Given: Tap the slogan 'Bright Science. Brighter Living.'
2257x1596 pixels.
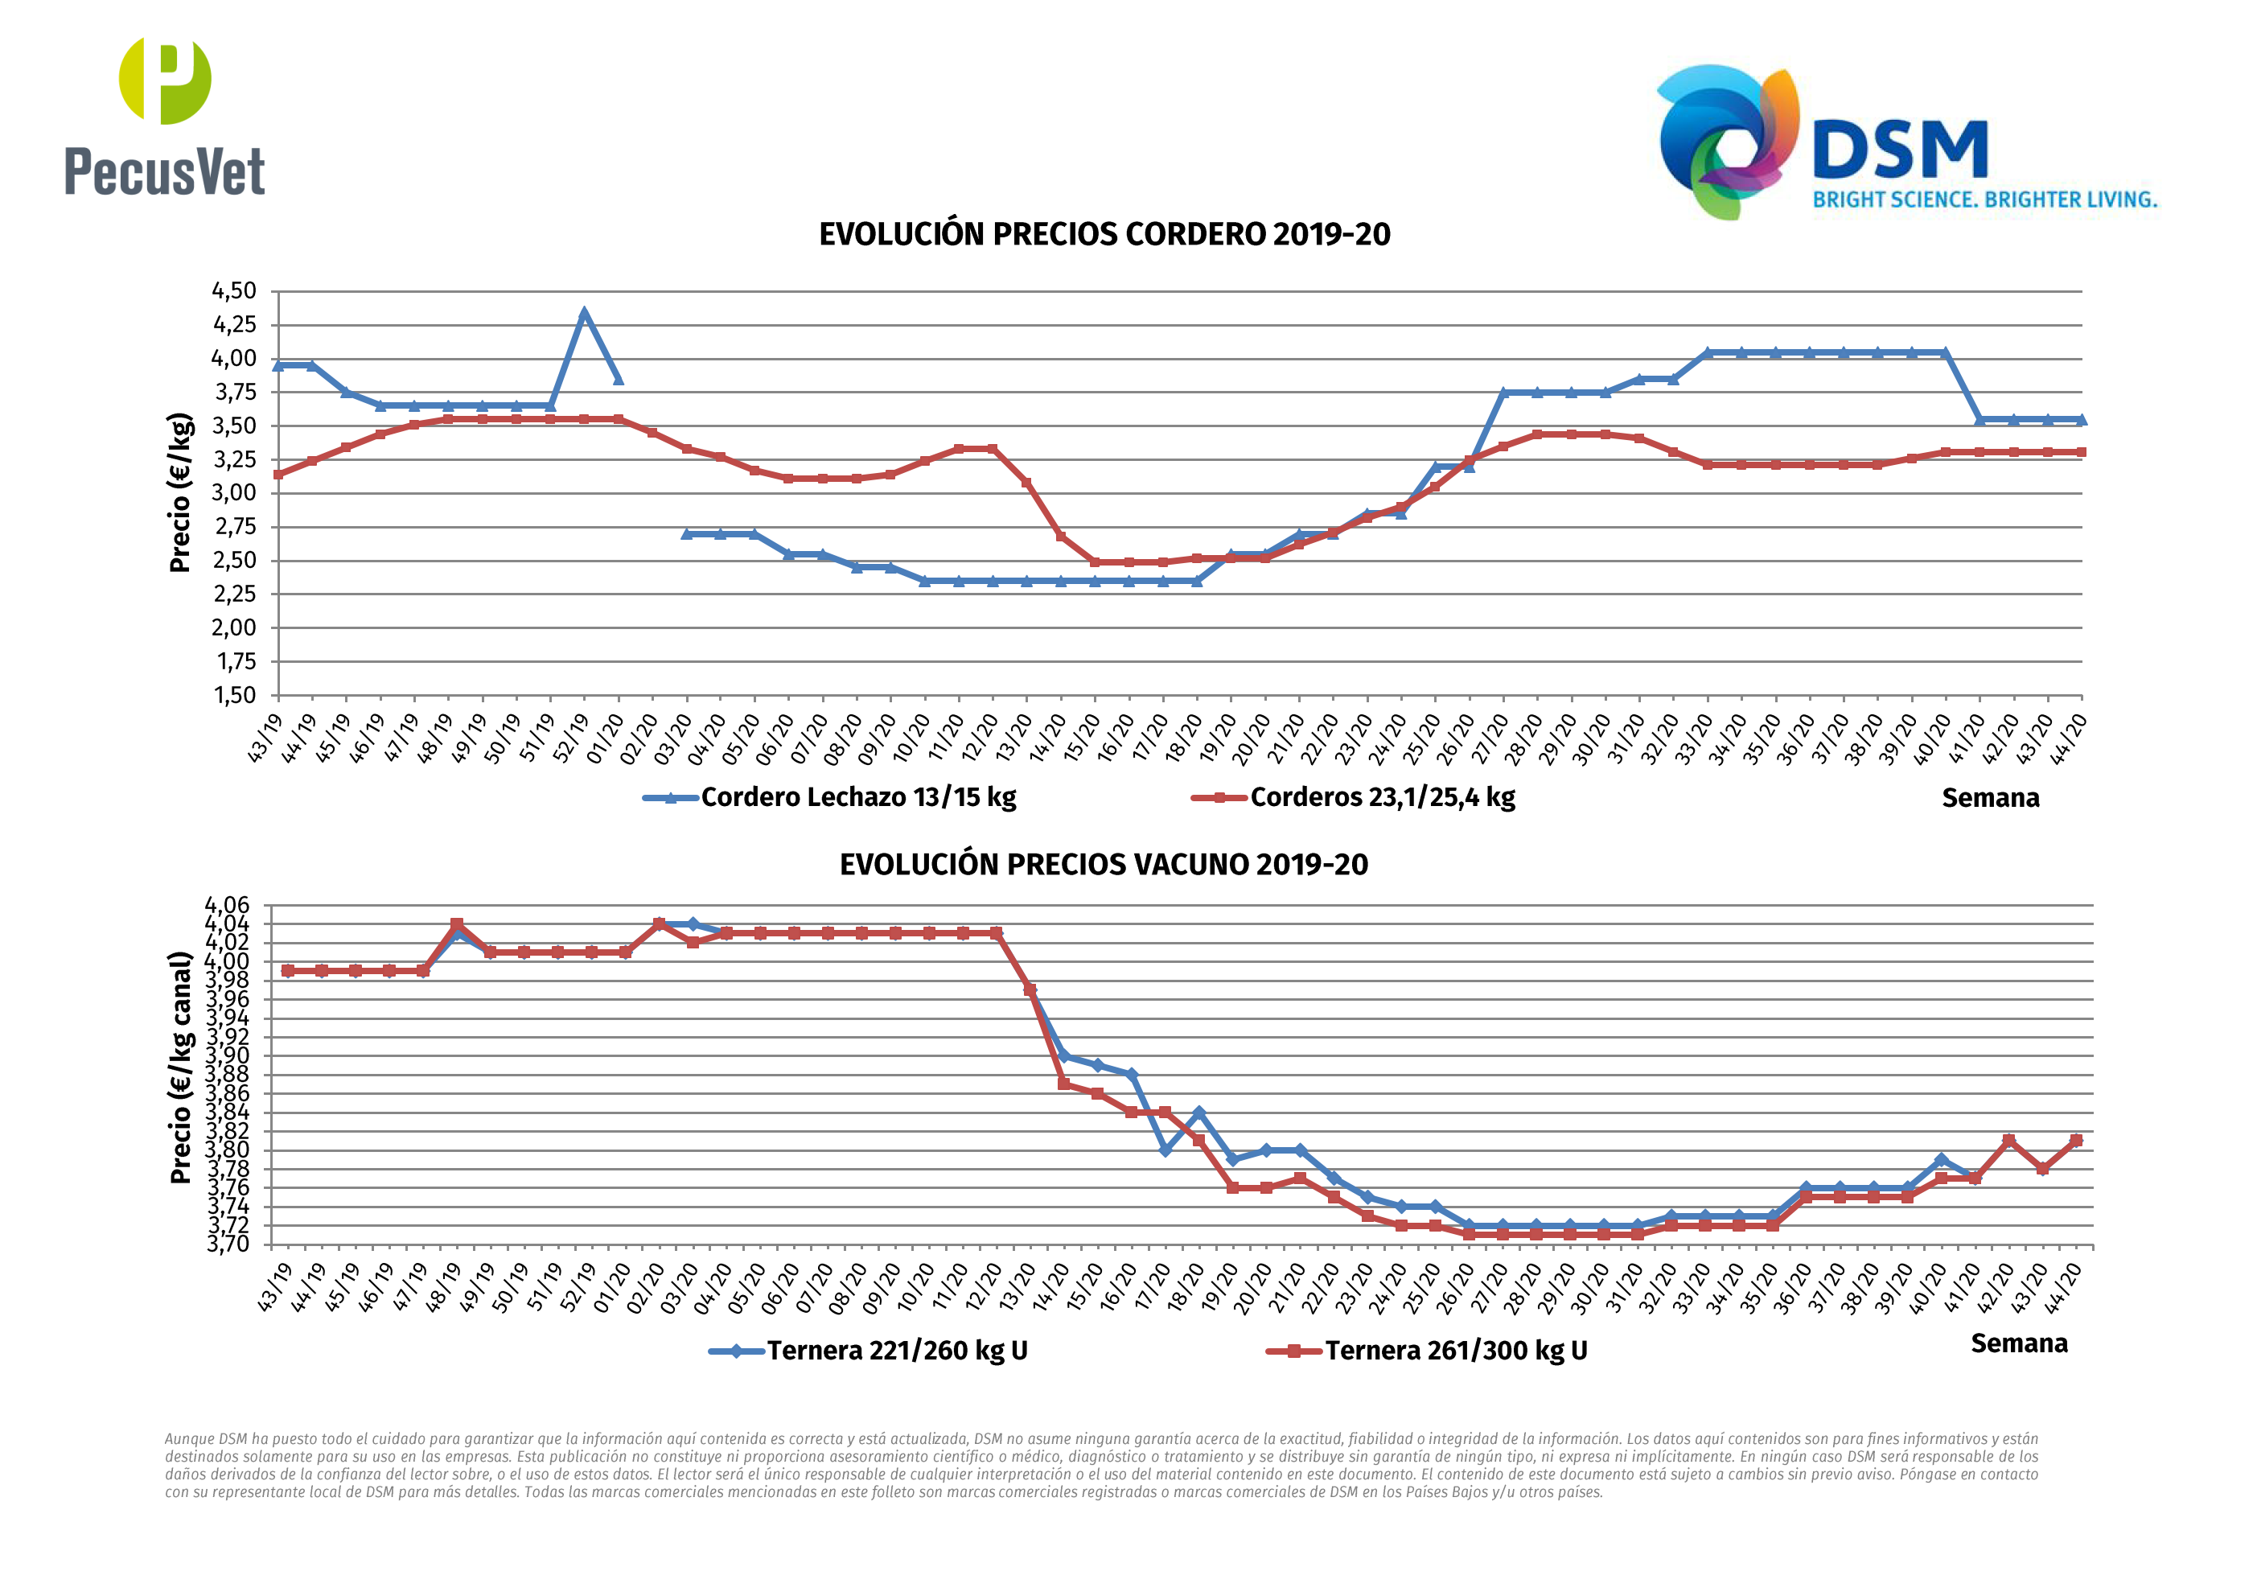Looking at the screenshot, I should coord(1984,199).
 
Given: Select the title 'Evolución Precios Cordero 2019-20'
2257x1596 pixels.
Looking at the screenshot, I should coord(1104,234).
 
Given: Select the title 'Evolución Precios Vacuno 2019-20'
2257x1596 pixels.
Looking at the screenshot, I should coord(1103,865).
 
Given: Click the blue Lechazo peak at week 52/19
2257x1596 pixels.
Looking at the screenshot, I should coord(584,314).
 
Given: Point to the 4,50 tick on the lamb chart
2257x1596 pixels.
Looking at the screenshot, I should coord(234,291).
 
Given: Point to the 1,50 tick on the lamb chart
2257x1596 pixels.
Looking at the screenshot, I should coord(234,695).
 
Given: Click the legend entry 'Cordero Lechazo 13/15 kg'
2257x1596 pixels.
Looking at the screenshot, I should coord(857,796).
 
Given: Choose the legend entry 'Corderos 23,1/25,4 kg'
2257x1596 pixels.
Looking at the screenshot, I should coord(1381,796).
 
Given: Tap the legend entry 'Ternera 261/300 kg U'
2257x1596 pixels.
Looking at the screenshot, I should coord(1455,1350).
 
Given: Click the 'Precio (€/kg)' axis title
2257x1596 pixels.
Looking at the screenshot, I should coord(180,492).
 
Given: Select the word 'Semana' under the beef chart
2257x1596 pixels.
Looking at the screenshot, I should coord(2018,1343).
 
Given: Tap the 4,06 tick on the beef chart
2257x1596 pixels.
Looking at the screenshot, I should coord(227,905).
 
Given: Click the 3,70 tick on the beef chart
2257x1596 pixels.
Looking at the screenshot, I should coord(227,1244).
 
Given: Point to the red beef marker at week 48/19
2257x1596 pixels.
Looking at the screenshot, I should coord(456,924).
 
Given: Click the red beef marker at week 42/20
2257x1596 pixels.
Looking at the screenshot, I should coord(2008,1141).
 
